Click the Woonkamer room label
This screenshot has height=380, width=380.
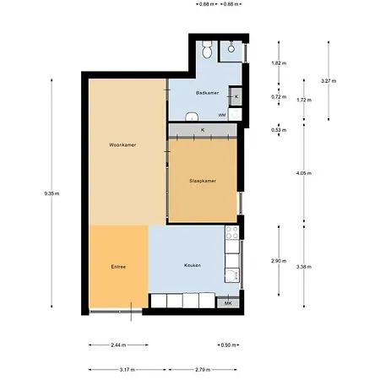pos(123,145)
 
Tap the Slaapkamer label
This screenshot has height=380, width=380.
pos(203,181)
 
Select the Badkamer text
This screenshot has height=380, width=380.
pos(207,92)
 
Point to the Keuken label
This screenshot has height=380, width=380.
pos(193,266)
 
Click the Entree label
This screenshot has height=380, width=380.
pos(118,267)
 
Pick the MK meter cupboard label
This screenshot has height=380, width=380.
pos(228,302)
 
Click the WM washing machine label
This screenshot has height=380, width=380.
pos(222,114)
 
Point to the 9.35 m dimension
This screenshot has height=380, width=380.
pos(52,193)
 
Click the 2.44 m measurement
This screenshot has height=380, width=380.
pos(117,345)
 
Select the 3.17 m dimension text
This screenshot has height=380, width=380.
pos(128,370)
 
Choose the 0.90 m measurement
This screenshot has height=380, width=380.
pos(228,345)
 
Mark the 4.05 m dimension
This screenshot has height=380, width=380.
pos(304,173)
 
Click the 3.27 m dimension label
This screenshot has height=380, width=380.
pos(328,80)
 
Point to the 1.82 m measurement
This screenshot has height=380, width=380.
pos(278,63)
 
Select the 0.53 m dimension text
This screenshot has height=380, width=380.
pos(278,130)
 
